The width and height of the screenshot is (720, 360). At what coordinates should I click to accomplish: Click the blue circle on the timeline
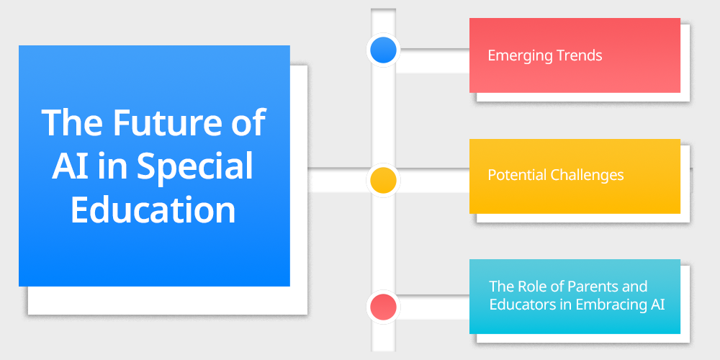[x=383, y=50]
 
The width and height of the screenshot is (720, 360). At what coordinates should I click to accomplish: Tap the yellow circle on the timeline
[x=383, y=180]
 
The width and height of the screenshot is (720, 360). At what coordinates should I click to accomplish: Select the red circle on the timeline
[x=383, y=307]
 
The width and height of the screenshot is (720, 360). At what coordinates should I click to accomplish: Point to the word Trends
[x=577, y=55]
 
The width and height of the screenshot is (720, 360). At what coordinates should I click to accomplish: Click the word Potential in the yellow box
[x=517, y=175]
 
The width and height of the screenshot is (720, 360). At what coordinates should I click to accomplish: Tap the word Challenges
[x=588, y=175]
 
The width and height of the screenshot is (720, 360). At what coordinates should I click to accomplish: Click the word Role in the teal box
[x=532, y=287]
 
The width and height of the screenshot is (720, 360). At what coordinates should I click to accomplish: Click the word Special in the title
[x=195, y=167]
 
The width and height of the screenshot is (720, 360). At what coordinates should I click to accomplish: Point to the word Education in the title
[x=153, y=210]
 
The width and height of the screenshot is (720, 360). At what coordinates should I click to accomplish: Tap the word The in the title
[x=69, y=123]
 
